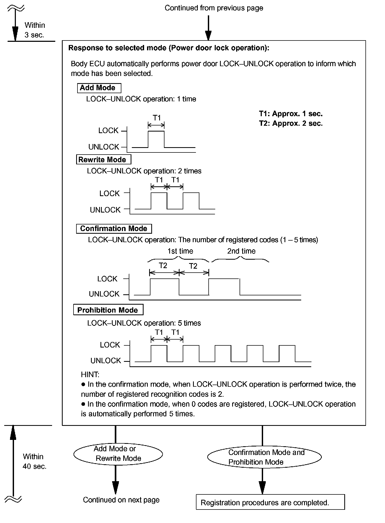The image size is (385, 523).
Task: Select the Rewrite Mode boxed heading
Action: tap(103, 160)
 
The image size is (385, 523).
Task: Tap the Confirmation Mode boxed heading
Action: tap(114, 229)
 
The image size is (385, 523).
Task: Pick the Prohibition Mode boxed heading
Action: tap(108, 310)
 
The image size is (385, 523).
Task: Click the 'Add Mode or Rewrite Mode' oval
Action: tap(118, 454)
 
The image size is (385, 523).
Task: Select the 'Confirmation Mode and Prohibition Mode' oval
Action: tap(264, 457)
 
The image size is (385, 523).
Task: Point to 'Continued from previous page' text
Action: tap(214, 8)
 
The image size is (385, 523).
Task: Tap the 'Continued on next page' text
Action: tap(121, 500)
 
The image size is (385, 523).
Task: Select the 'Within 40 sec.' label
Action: tap(34, 461)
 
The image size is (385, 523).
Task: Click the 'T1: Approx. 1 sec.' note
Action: tap(291, 114)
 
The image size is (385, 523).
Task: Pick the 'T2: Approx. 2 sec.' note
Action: tap(291, 123)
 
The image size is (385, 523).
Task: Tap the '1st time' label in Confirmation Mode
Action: tap(180, 251)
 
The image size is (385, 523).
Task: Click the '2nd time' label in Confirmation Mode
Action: tap(241, 251)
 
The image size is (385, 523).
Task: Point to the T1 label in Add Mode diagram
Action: tap(157, 118)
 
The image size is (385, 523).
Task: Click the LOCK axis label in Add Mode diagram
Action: tap(108, 130)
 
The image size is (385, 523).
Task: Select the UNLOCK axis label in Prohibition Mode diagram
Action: tap(106, 361)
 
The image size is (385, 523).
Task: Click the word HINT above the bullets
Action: tap(90, 375)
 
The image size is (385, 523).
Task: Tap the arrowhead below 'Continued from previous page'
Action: tap(208, 35)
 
